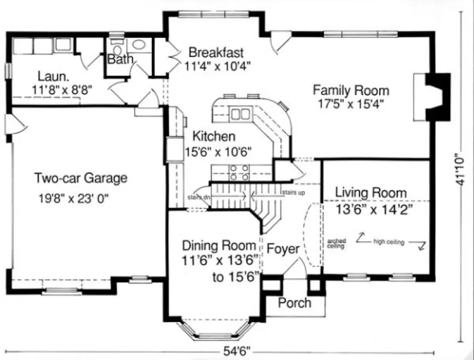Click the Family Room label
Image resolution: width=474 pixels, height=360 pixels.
click(x=350, y=91)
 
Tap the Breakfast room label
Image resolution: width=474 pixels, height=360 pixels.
click(x=216, y=53)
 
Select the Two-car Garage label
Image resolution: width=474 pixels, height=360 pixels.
click(x=81, y=178)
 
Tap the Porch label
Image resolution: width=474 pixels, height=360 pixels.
click(x=295, y=303)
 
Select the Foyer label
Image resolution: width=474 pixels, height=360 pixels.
click(x=283, y=249)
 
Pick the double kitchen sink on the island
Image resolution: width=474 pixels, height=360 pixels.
click(x=241, y=114)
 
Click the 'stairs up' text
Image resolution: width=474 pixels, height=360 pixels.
click(x=293, y=192)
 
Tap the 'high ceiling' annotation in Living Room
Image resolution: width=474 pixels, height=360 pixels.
click(x=388, y=242)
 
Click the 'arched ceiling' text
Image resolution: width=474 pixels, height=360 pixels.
click(x=335, y=243)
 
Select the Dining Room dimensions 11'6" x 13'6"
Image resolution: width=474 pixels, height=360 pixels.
click(x=220, y=260)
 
